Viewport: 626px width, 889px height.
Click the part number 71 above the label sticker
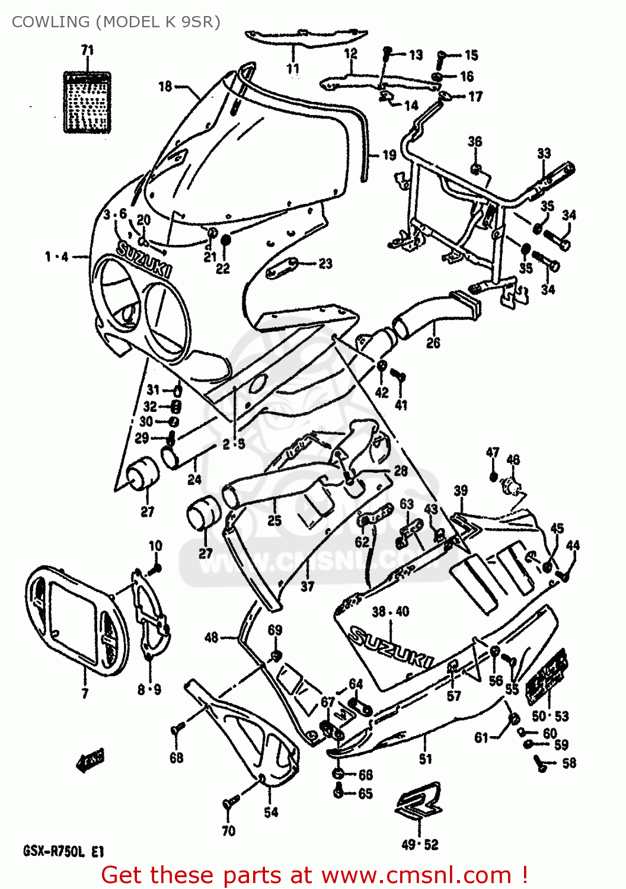[x=88, y=50]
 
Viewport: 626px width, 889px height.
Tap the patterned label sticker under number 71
[x=87, y=102]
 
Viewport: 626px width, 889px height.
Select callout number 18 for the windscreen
[x=165, y=87]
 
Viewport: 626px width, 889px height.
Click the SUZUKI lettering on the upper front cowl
[x=144, y=260]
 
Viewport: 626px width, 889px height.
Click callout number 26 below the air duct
[x=433, y=343]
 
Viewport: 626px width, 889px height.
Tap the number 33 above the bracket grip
[x=544, y=154]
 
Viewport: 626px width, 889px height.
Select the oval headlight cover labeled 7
[x=77, y=620]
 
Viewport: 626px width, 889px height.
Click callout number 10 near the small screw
[x=155, y=546]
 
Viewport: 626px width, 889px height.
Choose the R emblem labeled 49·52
[x=419, y=802]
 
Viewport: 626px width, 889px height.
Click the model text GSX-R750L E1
[x=63, y=852]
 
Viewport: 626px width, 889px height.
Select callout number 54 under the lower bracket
[x=271, y=812]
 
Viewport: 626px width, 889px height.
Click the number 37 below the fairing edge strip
[x=307, y=586]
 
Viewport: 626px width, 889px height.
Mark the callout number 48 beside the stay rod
[x=212, y=638]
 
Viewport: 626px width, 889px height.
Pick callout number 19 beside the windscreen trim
[x=389, y=155]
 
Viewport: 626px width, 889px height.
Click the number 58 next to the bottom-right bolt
[x=569, y=763]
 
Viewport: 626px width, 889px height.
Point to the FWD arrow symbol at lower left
[x=91, y=759]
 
